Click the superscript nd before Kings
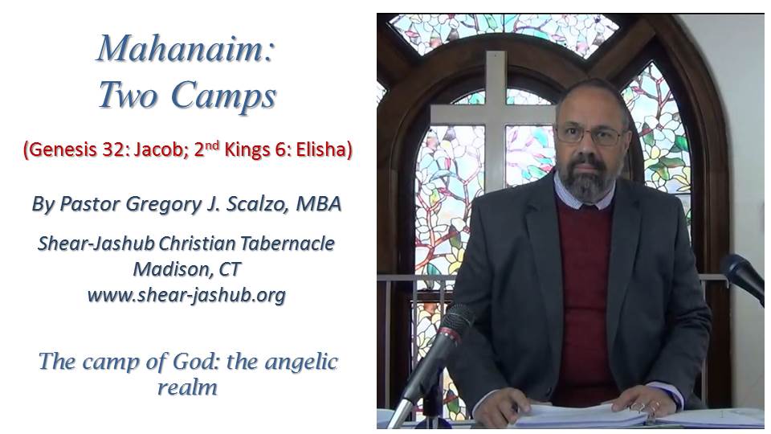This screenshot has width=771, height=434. [x=212, y=145]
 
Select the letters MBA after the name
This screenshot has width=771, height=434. [x=318, y=203]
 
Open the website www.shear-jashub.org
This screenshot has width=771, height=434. [x=186, y=295]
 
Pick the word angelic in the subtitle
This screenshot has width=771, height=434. [x=301, y=362]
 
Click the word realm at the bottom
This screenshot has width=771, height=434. [x=187, y=387]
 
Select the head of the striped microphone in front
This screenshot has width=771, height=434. [x=456, y=321]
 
